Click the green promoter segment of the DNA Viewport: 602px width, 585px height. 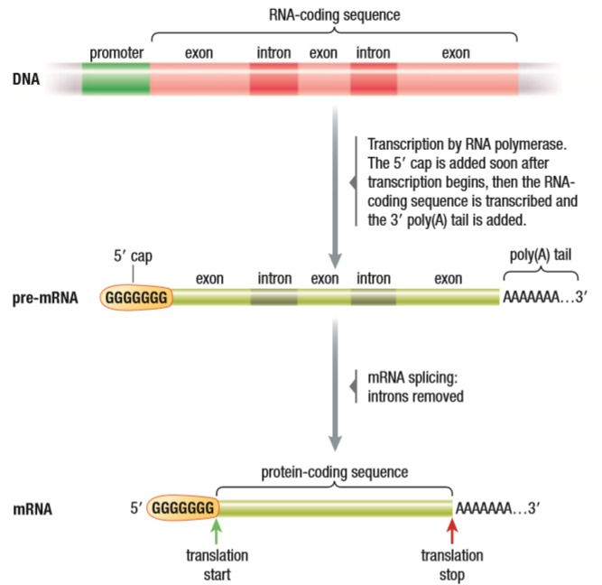[116, 79]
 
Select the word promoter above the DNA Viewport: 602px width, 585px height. [116, 53]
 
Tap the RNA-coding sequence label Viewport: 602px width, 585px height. [335, 15]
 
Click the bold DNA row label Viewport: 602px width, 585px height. [26, 79]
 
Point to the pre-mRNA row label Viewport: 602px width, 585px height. [45, 298]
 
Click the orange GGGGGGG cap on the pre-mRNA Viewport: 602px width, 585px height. [136, 297]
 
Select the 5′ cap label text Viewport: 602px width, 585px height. [133, 255]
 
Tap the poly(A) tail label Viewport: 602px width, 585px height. [541, 255]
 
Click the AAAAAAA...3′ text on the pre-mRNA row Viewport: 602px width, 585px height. [545, 297]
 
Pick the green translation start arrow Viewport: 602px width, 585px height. [217, 531]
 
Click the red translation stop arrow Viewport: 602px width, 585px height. [452, 531]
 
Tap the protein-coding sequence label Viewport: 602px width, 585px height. [335, 472]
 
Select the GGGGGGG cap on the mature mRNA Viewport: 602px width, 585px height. [183, 507]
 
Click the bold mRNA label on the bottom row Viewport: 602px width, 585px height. [32, 509]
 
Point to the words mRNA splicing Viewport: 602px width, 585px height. [412, 378]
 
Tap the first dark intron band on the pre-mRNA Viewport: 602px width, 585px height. [274, 297]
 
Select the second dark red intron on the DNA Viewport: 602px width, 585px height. [374, 79]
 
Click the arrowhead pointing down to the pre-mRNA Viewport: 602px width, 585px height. [335, 261]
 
